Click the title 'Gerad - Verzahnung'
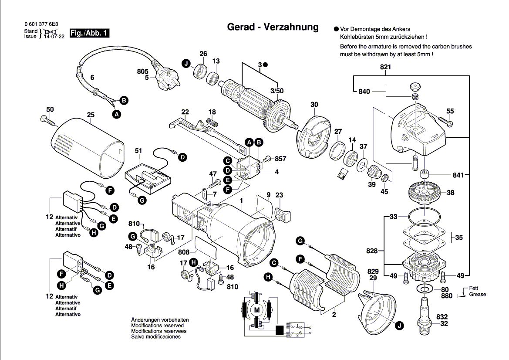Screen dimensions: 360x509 pyautogui.click(x=273, y=27)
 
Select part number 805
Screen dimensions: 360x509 pyautogui.click(x=143, y=71)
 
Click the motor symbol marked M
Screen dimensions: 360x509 pyautogui.click(x=256, y=310)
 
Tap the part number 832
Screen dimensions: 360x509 pyautogui.click(x=442, y=317)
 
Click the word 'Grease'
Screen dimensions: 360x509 pyautogui.click(x=477, y=295)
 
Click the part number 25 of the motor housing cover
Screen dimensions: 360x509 pyautogui.click(x=91, y=115)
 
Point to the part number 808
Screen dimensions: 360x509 pyautogui.click(x=184, y=252)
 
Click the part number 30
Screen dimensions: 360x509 pyautogui.click(x=314, y=105)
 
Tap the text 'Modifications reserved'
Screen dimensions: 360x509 pyautogui.click(x=157, y=326)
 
